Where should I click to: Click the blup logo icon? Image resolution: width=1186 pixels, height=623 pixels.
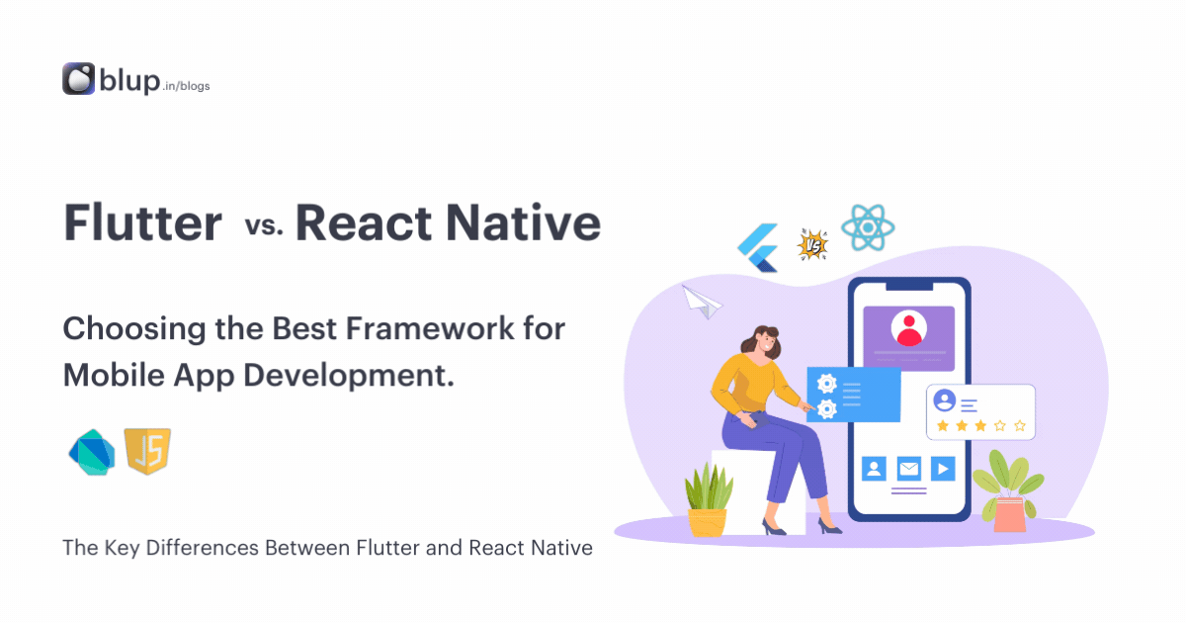[x=78, y=79]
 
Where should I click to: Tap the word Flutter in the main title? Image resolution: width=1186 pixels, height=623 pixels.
[x=142, y=223]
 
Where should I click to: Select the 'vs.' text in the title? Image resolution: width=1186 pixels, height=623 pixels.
[x=264, y=225]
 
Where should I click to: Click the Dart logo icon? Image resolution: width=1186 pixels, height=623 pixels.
[x=92, y=453]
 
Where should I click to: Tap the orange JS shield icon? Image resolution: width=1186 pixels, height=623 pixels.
[x=148, y=452]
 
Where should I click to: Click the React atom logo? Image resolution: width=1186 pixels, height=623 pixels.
[x=868, y=228]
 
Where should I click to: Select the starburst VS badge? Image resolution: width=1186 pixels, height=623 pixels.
[x=812, y=244]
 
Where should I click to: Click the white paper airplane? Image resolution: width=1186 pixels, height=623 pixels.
[x=703, y=301]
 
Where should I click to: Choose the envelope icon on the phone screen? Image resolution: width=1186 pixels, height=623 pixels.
[x=908, y=468]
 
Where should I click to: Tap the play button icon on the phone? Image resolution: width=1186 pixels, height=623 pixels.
[x=943, y=468]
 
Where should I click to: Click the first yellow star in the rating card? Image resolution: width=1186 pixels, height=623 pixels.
[x=942, y=426]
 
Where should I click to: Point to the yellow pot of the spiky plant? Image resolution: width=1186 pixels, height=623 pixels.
[x=707, y=521]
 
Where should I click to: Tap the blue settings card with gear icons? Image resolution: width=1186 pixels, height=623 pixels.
[x=853, y=395]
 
